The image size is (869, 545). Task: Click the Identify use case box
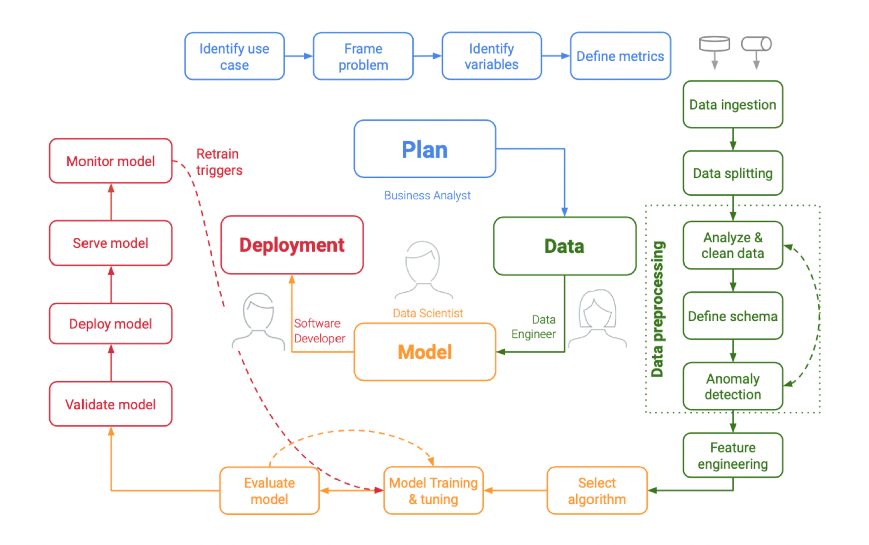point(234,56)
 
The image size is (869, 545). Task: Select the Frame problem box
point(363,56)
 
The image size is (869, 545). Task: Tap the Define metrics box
point(620,56)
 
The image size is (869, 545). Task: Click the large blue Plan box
point(425,149)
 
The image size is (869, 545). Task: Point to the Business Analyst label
point(427,196)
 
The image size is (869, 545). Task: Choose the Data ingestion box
point(732,105)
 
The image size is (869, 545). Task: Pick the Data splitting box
point(732,173)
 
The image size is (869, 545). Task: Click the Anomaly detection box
point(732,386)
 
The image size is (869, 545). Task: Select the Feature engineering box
point(732,456)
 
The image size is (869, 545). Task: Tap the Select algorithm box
point(597,490)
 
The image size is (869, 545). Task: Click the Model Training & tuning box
point(433,490)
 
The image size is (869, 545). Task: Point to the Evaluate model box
point(269,490)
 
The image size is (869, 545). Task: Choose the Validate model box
point(110,404)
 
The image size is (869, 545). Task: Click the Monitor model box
point(110,161)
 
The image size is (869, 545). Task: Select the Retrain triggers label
point(219,162)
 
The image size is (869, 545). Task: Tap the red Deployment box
point(292,245)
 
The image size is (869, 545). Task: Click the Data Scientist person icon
point(423,270)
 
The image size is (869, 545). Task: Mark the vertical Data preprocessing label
point(658,310)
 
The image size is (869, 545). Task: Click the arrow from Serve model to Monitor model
point(111,202)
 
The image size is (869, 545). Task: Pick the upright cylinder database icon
point(714,45)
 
